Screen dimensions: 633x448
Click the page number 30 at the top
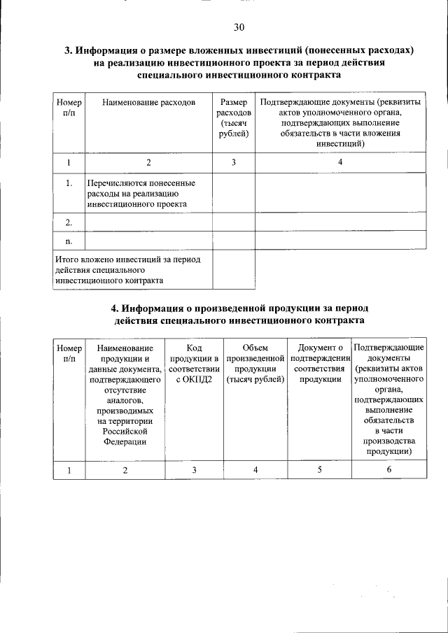[239, 28]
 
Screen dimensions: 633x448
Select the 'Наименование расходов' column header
[148, 103]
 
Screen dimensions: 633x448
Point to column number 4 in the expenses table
[340, 162]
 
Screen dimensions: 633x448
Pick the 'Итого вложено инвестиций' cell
[132, 269]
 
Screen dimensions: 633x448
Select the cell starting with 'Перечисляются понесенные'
[148, 193]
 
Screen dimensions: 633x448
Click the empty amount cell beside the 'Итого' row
[233, 269]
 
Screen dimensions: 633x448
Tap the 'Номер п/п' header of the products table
[69, 353]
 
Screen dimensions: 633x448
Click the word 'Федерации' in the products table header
[125, 441]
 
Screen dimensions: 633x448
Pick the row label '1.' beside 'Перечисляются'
[69, 183]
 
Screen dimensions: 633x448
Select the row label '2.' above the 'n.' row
[69, 222]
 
